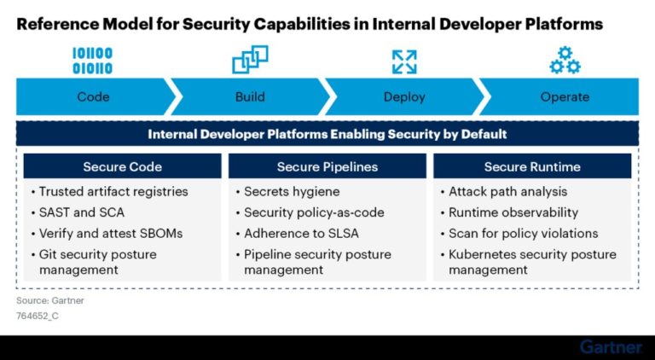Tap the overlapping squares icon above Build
pyautogui.click(x=250, y=60)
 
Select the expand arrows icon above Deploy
pyautogui.click(x=404, y=61)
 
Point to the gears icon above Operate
pyautogui.click(x=565, y=61)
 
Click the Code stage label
pyautogui.click(x=93, y=96)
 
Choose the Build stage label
pyautogui.click(x=250, y=96)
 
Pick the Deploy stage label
pyautogui.click(x=404, y=96)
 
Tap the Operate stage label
pyautogui.click(x=565, y=96)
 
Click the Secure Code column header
pyautogui.click(x=122, y=166)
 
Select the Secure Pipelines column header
pyautogui.click(x=327, y=166)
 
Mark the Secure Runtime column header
pyautogui.click(x=532, y=166)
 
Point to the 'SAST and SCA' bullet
pyautogui.click(x=78, y=212)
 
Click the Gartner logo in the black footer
pyautogui.click(x=611, y=347)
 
